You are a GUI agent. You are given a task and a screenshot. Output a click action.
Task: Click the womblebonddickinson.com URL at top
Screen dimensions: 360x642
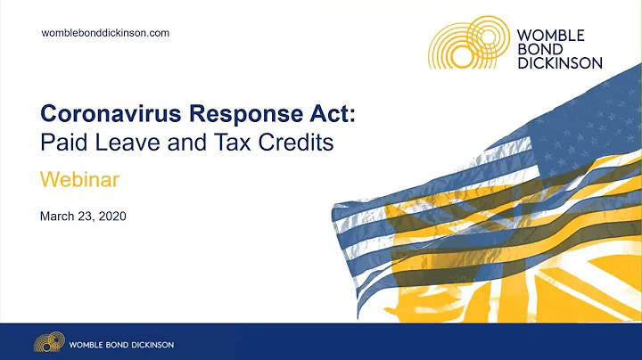pos(106,33)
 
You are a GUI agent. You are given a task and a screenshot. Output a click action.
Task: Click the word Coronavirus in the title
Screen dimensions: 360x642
pos(102,113)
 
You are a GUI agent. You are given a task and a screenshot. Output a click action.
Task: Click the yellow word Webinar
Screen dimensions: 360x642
pos(80,179)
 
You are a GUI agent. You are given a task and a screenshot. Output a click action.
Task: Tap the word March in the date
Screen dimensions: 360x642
pos(59,217)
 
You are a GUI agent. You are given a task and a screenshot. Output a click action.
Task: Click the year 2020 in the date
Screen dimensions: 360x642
pos(124,217)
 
